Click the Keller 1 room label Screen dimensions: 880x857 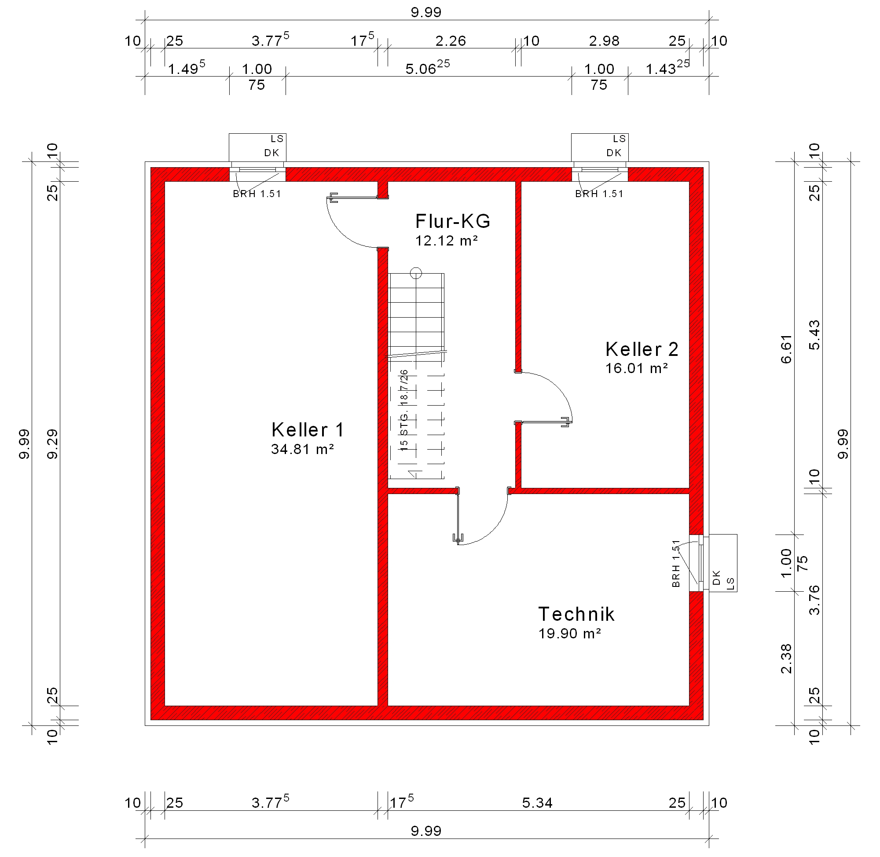[x=308, y=430]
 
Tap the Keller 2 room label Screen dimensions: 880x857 [x=642, y=349]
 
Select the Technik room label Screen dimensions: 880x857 [x=576, y=614]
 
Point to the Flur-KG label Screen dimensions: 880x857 [x=452, y=221]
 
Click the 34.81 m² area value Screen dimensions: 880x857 [x=302, y=449]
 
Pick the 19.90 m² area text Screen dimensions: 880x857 [x=570, y=634]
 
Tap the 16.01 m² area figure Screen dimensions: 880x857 [x=637, y=368]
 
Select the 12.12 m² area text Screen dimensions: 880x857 [x=447, y=241]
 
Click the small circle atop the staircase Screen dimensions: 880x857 [x=416, y=273]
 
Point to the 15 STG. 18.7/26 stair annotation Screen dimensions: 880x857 [x=404, y=410]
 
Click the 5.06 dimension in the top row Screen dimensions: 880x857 [x=428, y=67]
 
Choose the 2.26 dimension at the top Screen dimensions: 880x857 [x=451, y=41]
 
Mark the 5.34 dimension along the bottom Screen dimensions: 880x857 [x=537, y=802]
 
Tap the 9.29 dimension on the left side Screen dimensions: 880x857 [x=53, y=444]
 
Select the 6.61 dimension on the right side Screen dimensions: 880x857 [x=786, y=349]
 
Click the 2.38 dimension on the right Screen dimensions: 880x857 [x=786, y=659]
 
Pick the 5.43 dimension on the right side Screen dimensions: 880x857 [x=814, y=335]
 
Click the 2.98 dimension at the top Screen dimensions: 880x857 [x=605, y=41]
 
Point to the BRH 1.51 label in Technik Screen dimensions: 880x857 [x=676, y=564]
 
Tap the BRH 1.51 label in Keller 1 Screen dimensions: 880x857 [x=257, y=194]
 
